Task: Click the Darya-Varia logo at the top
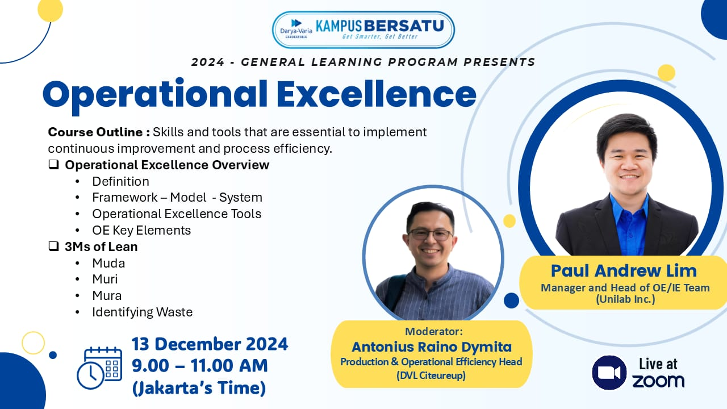click(x=296, y=28)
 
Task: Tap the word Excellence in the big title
click(x=377, y=94)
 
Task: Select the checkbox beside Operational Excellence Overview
click(x=53, y=165)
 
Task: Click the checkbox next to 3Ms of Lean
click(x=53, y=247)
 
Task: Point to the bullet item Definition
click(x=121, y=181)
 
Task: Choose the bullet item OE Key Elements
click(x=141, y=231)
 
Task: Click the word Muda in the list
click(x=108, y=263)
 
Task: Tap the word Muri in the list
click(x=105, y=279)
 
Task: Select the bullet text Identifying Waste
click(x=143, y=312)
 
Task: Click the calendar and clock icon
click(x=99, y=368)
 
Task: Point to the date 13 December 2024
click(x=210, y=344)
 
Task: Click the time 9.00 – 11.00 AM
click(x=200, y=366)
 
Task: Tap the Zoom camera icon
click(x=609, y=373)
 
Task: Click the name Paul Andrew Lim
click(x=624, y=271)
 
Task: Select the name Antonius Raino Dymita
click(x=432, y=347)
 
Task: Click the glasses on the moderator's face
click(x=431, y=235)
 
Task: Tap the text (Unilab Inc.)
click(x=625, y=299)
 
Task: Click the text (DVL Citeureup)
click(x=431, y=375)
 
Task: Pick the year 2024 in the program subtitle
click(x=208, y=62)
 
